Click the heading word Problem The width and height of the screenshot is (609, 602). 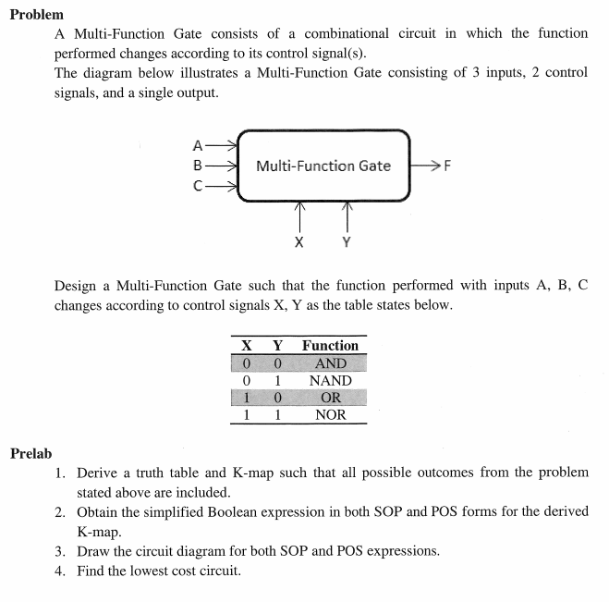37,15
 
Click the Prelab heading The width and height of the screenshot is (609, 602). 31,453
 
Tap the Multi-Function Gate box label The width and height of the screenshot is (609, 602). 323,166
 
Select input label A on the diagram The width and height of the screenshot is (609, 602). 197,145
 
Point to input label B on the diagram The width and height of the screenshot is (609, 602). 197,166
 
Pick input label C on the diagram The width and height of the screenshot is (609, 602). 197,186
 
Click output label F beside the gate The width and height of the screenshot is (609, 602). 448,166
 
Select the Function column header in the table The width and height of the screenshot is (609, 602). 330,345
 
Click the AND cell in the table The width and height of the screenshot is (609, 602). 330,363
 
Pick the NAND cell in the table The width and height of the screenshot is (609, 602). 330,380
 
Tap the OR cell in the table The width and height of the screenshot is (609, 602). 330,398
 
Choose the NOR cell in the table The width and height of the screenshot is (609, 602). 330,414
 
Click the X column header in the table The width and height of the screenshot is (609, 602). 247,345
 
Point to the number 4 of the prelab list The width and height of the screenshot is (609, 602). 59,571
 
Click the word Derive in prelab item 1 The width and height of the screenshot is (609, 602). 99,473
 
